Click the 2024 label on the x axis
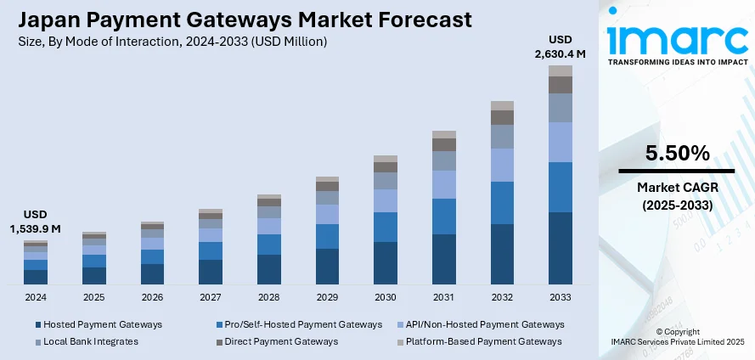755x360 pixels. tap(36, 298)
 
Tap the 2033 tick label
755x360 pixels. tap(561, 298)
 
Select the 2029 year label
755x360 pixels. tap(327, 298)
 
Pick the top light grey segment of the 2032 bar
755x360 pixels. tap(502, 105)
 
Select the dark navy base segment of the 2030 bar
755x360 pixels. tap(386, 263)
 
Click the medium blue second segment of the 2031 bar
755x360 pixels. tap(444, 217)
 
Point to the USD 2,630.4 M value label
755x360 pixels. tap(561, 48)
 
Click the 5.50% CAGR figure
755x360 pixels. tap(677, 154)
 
